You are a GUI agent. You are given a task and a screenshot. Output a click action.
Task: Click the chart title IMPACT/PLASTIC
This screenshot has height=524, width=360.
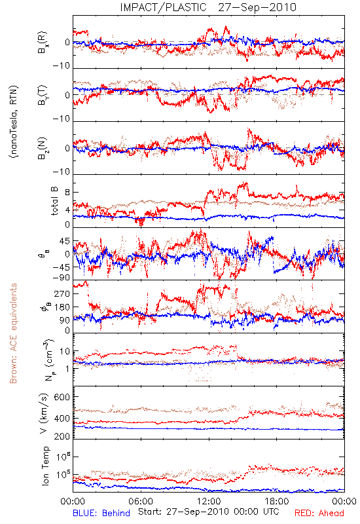tap(163, 7)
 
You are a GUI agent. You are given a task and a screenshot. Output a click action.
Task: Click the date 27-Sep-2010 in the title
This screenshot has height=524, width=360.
tap(257, 7)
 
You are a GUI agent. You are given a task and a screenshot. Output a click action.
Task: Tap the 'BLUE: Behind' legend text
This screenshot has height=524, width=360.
tap(101, 514)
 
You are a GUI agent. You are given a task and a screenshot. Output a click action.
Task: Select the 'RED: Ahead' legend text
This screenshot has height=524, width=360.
tap(319, 514)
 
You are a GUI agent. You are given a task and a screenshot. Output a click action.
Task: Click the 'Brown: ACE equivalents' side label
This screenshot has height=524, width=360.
tap(13, 333)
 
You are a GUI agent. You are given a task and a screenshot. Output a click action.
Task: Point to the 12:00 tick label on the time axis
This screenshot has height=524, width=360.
tap(209, 501)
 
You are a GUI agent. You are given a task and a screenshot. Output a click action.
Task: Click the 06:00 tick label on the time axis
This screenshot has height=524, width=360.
tap(141, 501)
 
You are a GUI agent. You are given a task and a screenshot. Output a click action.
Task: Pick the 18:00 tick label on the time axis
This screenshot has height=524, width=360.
tap(277, 501)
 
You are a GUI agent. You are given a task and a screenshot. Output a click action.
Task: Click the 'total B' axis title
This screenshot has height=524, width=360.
tap(54, 201)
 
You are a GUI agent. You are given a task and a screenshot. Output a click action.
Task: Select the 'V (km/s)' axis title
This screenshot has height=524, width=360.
tap(44, 413)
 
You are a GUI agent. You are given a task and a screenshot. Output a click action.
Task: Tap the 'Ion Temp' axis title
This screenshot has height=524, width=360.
tap(45, 466)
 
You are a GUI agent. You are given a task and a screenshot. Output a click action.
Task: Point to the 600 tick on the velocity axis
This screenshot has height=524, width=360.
tap(62, 397)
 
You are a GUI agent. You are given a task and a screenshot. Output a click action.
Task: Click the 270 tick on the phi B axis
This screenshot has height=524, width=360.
tap(63, 293)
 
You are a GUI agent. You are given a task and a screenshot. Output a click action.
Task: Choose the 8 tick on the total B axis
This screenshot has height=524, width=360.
tap(67, 193)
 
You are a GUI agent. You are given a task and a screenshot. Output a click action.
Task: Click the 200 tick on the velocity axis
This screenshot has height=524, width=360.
tap(62, 436)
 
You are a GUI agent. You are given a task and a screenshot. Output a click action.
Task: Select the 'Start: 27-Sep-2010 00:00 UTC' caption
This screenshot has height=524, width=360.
tap(209, 512)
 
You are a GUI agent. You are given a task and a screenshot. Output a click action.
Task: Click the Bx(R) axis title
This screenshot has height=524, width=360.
tap(43, 42)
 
